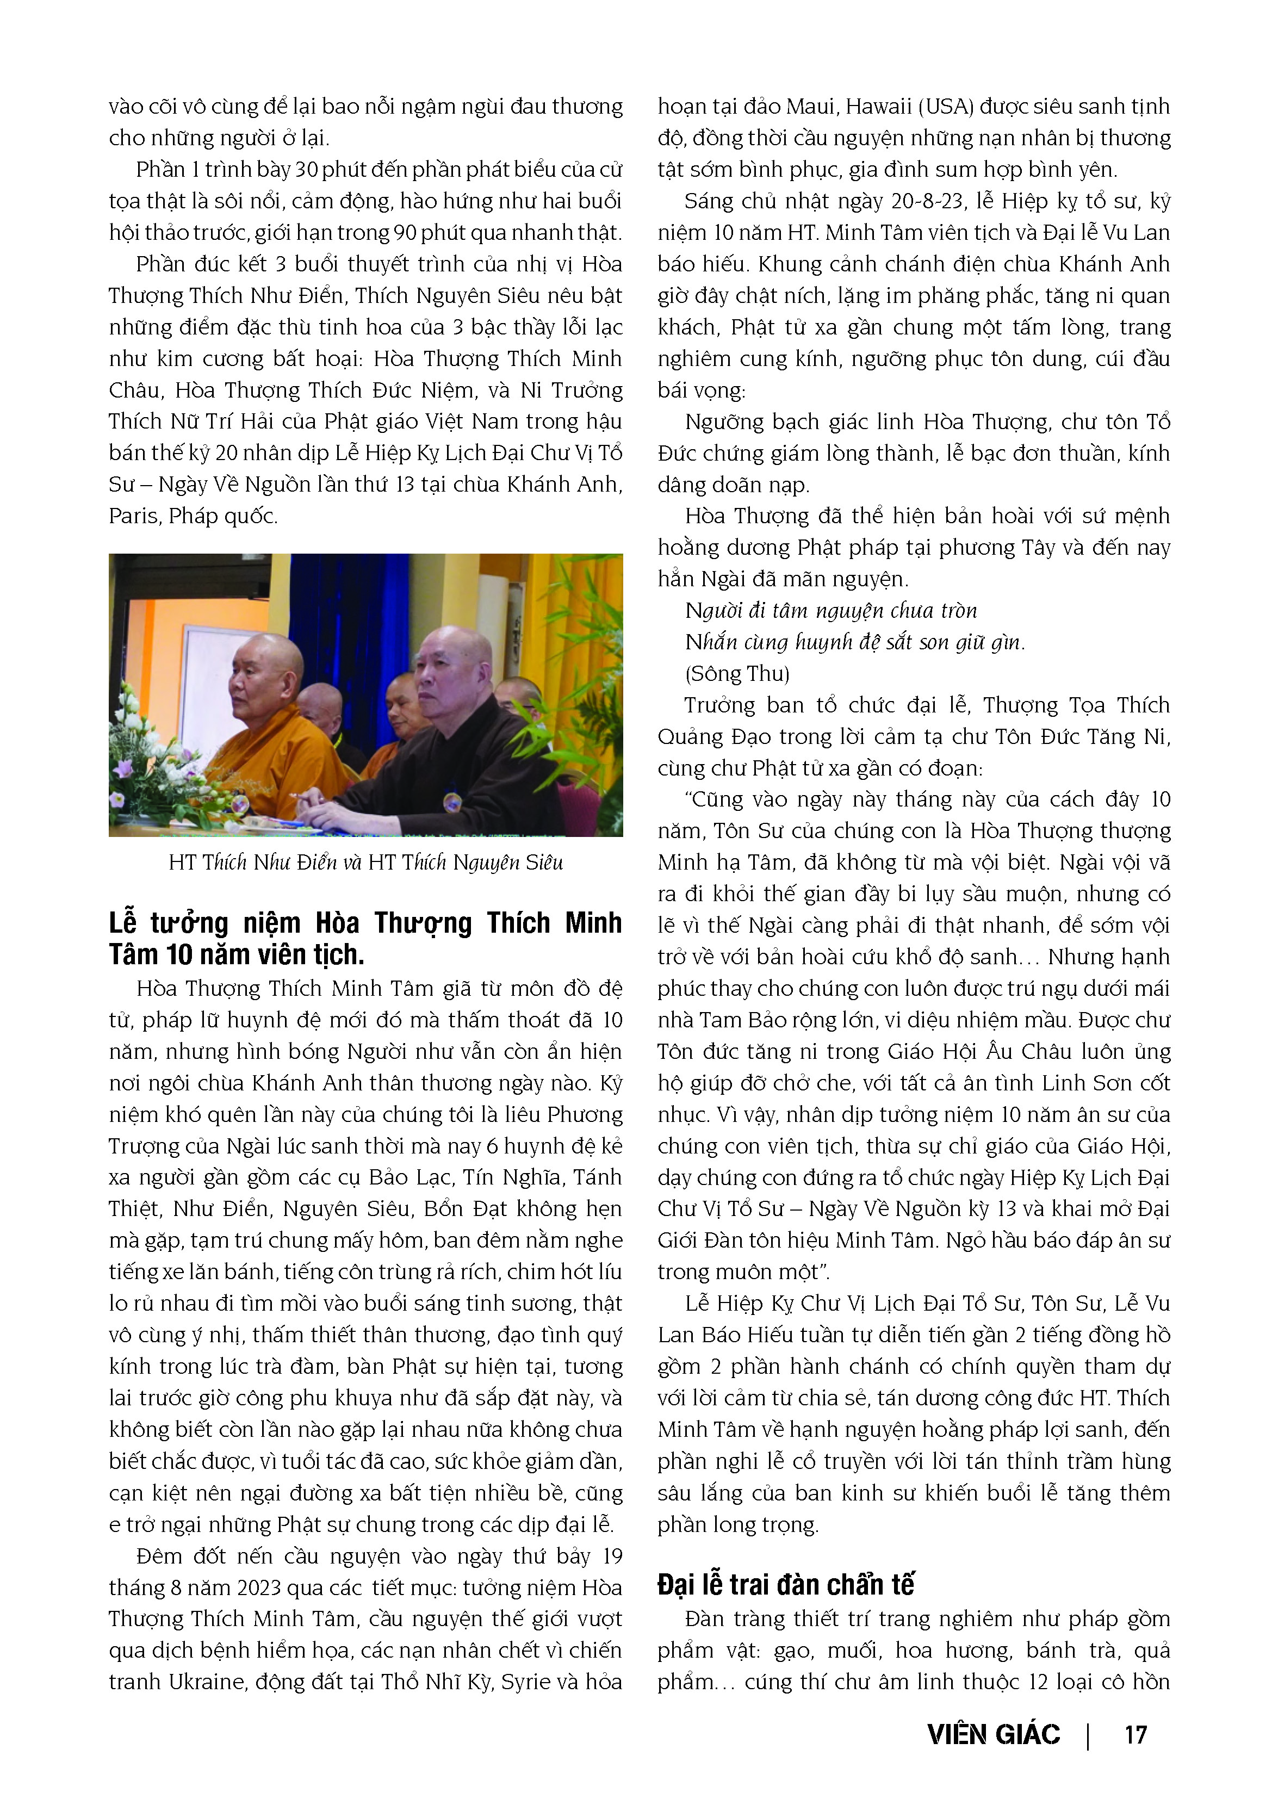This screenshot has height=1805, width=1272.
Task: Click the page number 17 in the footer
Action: (1135, 1734)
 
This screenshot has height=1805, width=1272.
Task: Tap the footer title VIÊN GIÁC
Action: (994, 1734)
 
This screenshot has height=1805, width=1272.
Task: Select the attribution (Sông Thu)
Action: (737, 674)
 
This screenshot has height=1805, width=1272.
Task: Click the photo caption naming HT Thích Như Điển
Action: (365, 863)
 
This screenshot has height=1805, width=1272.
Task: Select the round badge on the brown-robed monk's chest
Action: (453, 803)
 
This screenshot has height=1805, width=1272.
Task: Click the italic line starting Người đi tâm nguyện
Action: (831, 611)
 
